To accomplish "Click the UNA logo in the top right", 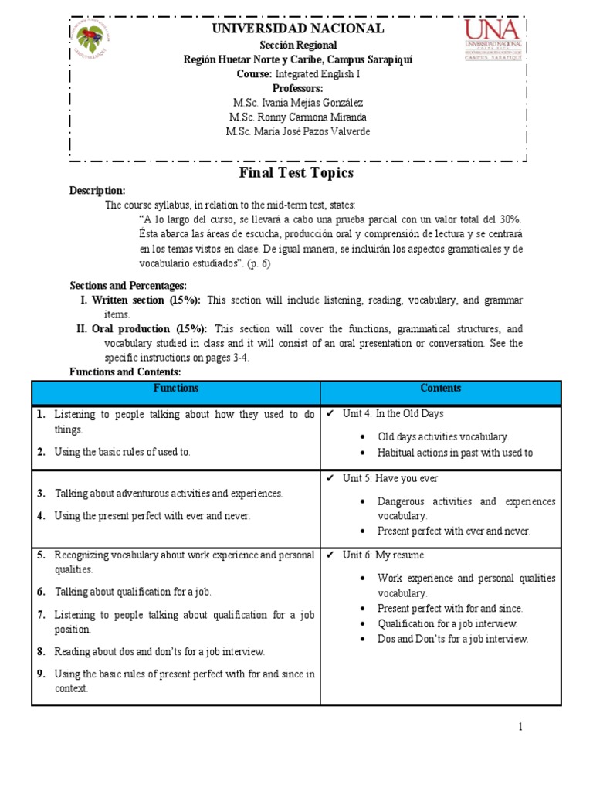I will tap(493, 40).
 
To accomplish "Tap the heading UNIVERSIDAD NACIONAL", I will tap(297, 29).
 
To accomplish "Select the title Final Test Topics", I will tap(296, 172).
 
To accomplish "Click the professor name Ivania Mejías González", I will tap(297, 103).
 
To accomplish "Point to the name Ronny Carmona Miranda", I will tap(297, 117).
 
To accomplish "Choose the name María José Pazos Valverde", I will tap(297, 131).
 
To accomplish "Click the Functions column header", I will tap(176, 388).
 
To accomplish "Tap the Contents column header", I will tap(441, 388).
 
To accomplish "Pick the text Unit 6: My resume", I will tap(383, 555).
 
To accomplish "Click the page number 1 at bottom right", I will tap(521, 727).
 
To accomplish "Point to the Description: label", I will tap(97, 190).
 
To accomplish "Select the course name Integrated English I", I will tap(317, 74).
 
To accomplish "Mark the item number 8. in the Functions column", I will tap(41, 652).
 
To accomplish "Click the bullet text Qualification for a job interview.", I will tap(447, 623).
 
